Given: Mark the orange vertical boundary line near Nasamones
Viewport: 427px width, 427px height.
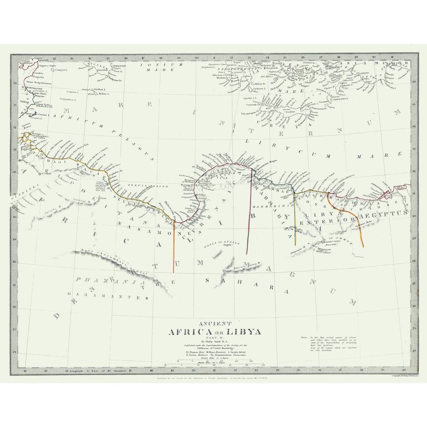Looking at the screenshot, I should click(x=174, y=248).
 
